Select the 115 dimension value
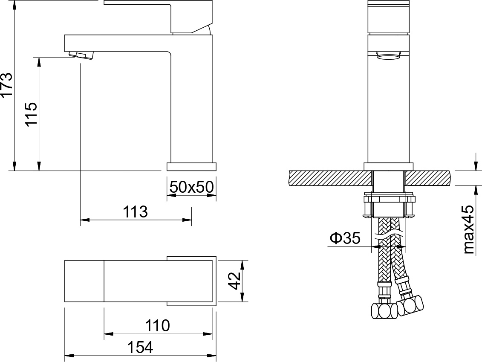[32, 114]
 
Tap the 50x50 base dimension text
[191, 187]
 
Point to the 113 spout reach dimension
[135, 212]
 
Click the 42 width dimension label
[235, 281]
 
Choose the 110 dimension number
[157, 326]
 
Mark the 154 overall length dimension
[140, 348]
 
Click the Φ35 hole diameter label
[345, 238]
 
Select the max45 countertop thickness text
[469, 229]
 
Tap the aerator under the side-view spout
[81, 55]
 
